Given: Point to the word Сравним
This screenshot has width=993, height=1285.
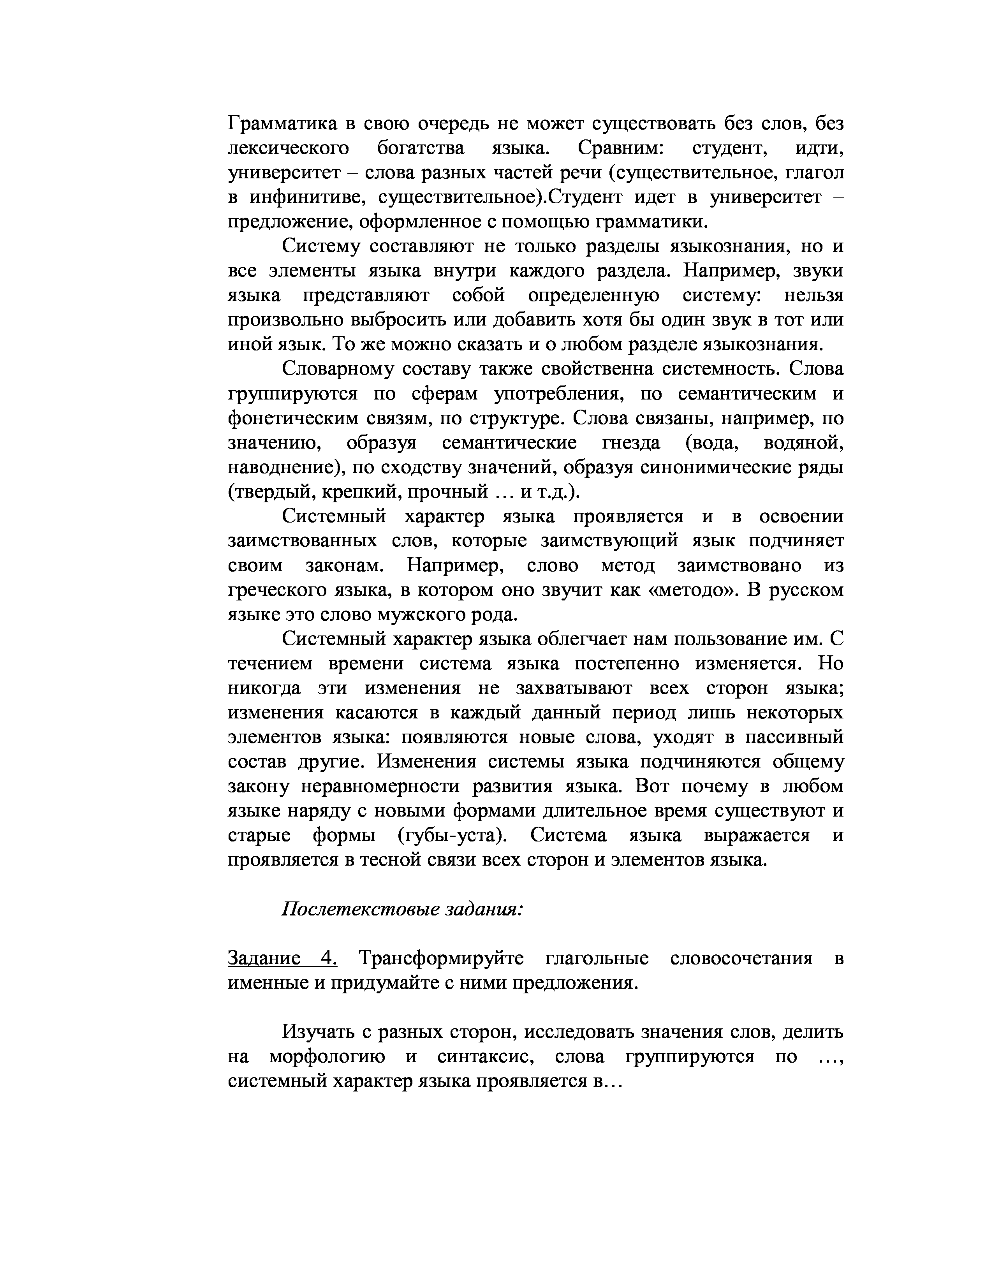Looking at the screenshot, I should pos(621,148).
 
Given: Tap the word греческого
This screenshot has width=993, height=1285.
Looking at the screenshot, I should pos(276,590).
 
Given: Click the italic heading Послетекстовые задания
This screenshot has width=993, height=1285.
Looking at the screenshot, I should pos(402,909).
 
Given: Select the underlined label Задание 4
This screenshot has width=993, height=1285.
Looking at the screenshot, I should pos(282,958).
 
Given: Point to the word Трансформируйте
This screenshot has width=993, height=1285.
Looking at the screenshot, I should pos(441,958).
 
